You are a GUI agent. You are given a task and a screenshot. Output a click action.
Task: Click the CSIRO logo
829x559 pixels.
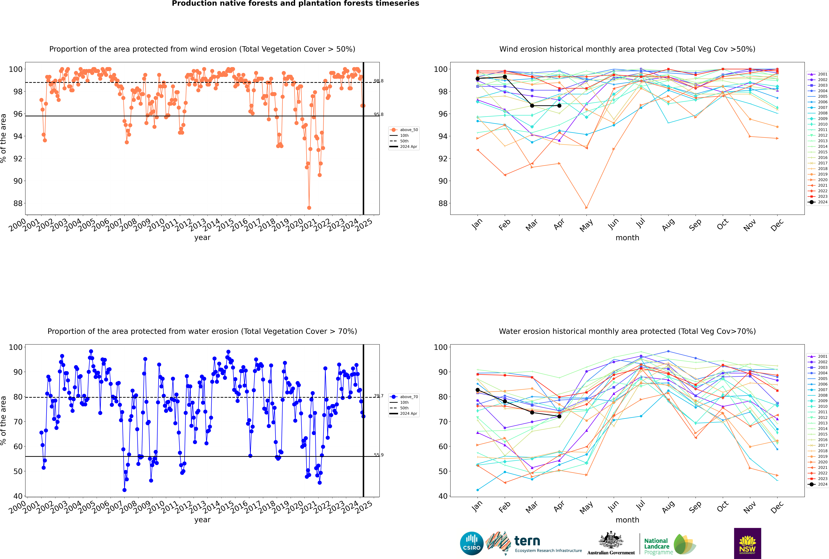click(x=472, y=543)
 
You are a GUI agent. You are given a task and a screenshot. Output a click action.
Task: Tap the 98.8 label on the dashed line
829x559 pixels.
click(x=379, y=81)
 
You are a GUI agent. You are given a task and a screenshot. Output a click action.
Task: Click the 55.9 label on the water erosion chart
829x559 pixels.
click(x=379, y=455)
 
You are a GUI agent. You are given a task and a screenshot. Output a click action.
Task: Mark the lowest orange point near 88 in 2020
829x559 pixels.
click(x=309, y=207)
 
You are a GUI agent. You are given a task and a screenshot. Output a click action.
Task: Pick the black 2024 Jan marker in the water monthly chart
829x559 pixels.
click(x=478, y=390)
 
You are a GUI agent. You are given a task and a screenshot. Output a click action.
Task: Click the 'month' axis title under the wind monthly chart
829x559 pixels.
click(x=627, y=238)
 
